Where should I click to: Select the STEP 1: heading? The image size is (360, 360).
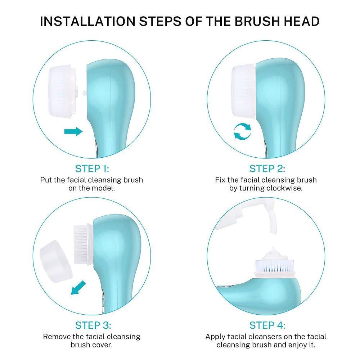click(92, 168)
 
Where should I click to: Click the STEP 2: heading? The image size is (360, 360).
click(267, 168)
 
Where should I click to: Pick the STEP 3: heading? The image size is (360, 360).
click(93, 325)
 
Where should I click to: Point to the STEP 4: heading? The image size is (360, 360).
click(267, 325)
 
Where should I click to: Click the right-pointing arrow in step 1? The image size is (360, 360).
click(73, 132)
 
